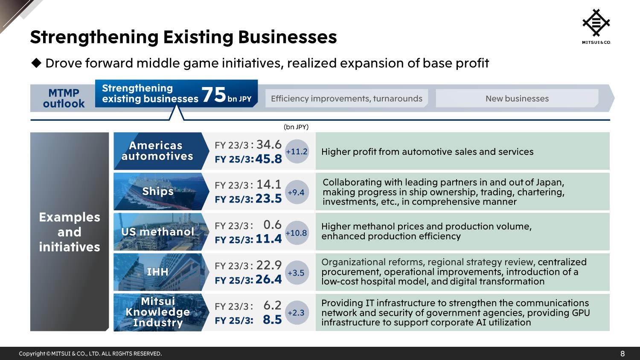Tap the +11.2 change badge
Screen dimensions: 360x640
point(297,151)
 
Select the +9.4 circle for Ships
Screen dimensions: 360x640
point(296,192)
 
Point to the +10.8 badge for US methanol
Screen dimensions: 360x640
point(296,233)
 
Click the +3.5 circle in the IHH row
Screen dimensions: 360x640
point(296,273)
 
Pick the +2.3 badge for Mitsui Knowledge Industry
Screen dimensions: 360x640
point(296,313)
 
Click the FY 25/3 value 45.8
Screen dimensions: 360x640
point(269,159)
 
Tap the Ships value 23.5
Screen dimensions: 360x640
point(269,199)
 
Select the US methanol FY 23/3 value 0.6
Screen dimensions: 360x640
point(272,225)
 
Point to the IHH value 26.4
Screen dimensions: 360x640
point(269,279)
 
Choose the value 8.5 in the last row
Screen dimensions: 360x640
point(272,319)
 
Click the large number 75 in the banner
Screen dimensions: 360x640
point(213,95)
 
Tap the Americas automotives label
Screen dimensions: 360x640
point(157,151)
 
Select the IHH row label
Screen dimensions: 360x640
point(157,272)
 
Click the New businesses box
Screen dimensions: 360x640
point(517,99)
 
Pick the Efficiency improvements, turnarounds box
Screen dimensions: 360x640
point(346,99)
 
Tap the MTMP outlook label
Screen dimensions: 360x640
point(64,99)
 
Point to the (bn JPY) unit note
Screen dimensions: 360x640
point(296,127)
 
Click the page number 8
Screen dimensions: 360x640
point(623,354)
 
